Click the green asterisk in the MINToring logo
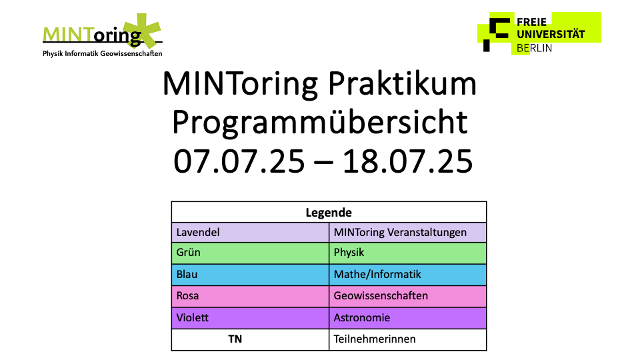click(x=142, y=31)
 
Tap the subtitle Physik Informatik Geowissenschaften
click(x=103, y=53)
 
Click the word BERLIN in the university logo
click(x=534, y=48)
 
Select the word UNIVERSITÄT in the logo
click(x=551, y=34)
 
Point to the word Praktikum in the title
click(x=402, y=85)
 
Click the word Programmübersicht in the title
click(x=320, y=123)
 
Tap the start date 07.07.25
click(x=239, y=161)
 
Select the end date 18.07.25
click(x=407, y=161)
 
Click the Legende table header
click(x=329, y=212)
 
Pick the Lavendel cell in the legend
click(x=250, y=232)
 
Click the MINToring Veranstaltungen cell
click(x=408, y=232)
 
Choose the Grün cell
click(x=250, y=253)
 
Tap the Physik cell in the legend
click(x=408, y=253)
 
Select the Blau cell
click(x=250, y=275)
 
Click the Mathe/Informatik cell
click(x=408, y=275)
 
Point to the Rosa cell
click(x=250, y=296)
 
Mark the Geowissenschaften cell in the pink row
click(x=408, y=296)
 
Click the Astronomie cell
click(x=408, y=318)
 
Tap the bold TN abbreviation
click(x=235, y=339)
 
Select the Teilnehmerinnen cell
click(x=408, y=339)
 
